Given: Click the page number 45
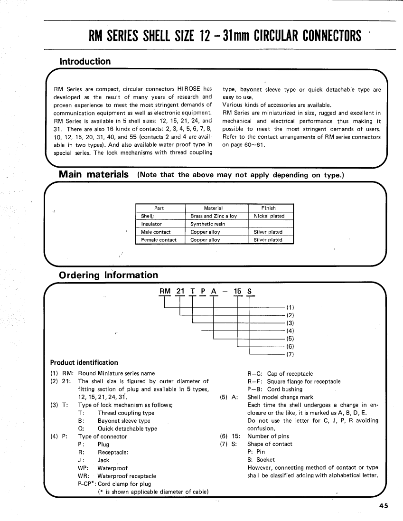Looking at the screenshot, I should coord(384,506).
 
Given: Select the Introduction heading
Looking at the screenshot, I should coord(84,61).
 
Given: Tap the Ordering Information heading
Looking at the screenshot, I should coord(108,275).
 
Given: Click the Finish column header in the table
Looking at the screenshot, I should coord(268,208).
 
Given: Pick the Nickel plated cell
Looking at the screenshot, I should coord(269,216).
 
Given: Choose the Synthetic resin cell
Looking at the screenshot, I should coord(207,224).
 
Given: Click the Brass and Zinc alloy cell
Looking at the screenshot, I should coord(214,216).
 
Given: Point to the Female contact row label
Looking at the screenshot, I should coord(159,240).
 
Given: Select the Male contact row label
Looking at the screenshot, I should coord(156,232).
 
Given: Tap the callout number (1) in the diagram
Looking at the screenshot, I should coord(291,307).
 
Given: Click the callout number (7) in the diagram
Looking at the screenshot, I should coord(291,354).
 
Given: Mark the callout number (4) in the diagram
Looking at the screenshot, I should coord(291,331).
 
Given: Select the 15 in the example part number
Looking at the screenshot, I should coord(238,292).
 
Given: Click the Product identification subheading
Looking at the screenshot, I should coord(84,362).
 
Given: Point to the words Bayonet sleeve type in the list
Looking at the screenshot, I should coord(124,421).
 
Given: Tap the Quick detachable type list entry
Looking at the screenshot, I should coord(127,428).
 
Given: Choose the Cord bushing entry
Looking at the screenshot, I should coord(285,389).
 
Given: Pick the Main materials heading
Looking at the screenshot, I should coord(94,174).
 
